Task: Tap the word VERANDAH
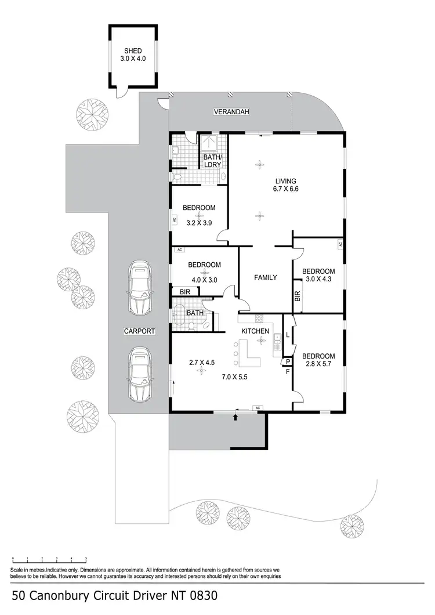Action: coord(230,111)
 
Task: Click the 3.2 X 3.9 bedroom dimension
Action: coord(199,222)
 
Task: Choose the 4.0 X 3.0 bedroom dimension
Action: coord(204,279)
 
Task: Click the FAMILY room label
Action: coord(265,277)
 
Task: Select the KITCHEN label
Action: coord(256,331)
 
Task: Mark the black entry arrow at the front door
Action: coord(235,416)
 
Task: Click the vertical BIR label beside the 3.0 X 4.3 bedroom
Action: coord(298,297)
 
